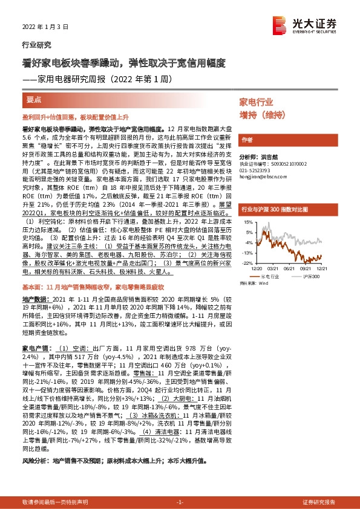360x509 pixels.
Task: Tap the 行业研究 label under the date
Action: point(36,45)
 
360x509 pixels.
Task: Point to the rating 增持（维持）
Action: point(264,115)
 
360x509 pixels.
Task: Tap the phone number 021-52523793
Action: point(258,170)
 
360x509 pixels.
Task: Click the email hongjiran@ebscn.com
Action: point(265,177)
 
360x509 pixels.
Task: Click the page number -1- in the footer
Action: point(179,502)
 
